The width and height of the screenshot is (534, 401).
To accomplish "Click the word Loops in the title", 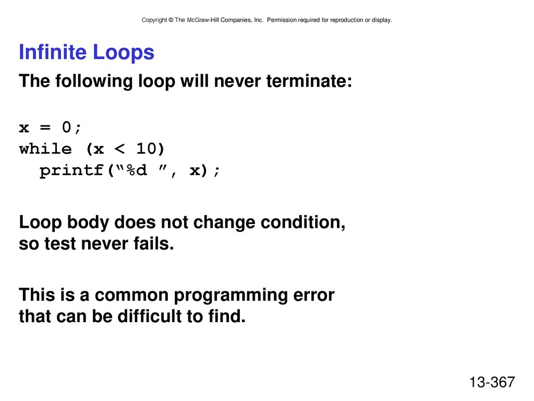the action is (123, 52).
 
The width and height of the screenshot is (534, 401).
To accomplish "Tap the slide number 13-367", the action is (492, 382).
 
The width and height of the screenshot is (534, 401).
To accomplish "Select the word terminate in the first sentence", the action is (309, 81).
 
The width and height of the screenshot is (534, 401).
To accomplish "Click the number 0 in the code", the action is (66, 127).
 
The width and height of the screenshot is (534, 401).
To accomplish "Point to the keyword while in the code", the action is (45, 149).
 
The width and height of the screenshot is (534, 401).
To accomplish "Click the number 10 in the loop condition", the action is (146, 149).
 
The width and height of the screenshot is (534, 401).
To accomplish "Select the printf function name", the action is (71, 171).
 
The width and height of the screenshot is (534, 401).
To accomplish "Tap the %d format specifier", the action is (137, 170).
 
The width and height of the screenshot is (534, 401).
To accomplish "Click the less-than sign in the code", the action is (119, 149).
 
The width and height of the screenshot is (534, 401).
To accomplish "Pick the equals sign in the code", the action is (45, 127).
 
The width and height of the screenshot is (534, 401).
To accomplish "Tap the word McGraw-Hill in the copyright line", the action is (203, 20).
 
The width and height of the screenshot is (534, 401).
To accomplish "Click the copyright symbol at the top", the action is (171, 20).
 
